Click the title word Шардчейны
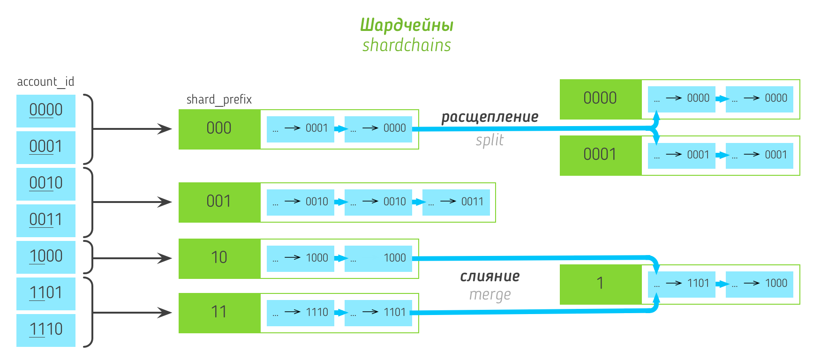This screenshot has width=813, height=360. click(406, 25)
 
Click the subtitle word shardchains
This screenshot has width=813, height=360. click(406, 45)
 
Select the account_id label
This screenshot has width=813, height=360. click(45, 82)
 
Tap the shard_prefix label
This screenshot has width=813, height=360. click(219, 99)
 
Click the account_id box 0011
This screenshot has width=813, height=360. click(46, 220)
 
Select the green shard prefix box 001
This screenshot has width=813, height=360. click(219, 202)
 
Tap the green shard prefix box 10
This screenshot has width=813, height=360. click(219, 258)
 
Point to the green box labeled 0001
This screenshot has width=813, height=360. click(601, 155)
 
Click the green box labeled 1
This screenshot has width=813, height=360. click(601, 284)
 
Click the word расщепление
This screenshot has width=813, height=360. click(489, 117)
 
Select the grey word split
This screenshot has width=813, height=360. click(489, 140)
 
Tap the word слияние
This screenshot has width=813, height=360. click(489, 276)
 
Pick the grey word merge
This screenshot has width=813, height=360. click(489, 295)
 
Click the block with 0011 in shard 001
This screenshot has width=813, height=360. click(456, 202)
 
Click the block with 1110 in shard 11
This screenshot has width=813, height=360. click(301, 313)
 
